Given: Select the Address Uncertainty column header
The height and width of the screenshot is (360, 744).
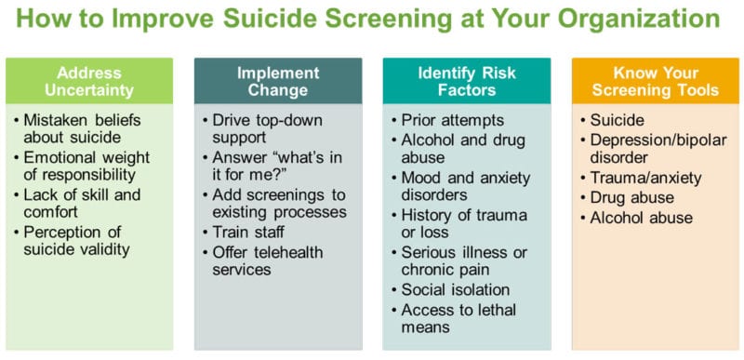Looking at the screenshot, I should (89, 81).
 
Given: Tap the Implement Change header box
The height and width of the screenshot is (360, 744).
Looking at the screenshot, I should (277, 81).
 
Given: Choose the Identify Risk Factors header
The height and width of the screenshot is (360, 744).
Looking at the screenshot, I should (466, 81).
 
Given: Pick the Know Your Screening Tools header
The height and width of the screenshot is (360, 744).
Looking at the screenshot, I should (655, 81).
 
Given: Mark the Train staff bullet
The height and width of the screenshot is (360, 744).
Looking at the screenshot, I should (250, 232).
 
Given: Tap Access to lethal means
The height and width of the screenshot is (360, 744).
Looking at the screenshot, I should (458, 318).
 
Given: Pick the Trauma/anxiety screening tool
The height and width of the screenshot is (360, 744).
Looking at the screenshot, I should (645, 178).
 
